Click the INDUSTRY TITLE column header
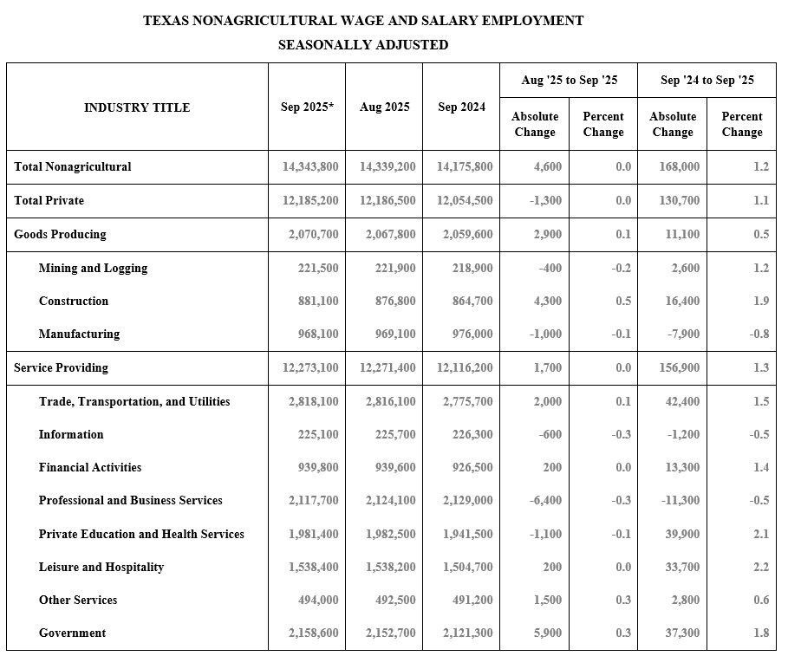coord(137,107)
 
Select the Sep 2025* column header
coord(307,107)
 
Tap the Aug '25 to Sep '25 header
coord(569,81)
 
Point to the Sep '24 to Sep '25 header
coord(707,81)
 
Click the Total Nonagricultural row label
coord(73,166)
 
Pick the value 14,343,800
coord(310,166)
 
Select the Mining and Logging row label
coord(93,268)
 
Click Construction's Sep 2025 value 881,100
coord(317,301)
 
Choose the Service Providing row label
coord(61,367)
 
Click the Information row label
coord(71,434)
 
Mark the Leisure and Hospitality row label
coord(101,567)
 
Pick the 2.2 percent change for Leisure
coord(760,567)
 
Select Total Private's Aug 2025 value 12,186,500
coord(387,200)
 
